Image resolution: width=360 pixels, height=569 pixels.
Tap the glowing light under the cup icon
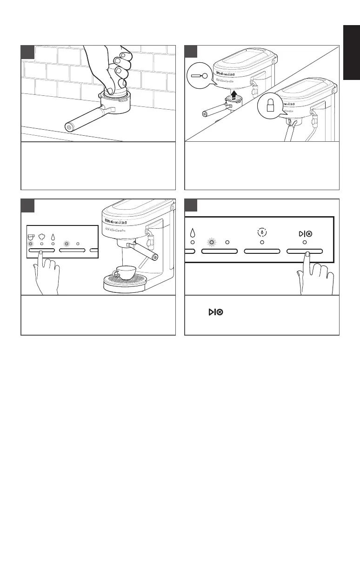tap(31, 243)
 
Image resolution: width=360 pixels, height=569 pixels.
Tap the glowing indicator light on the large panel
tap(211, 242)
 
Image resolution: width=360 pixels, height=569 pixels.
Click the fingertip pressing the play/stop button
tap(307, 254)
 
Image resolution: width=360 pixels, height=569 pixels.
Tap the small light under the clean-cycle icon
tap(262, 242)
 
